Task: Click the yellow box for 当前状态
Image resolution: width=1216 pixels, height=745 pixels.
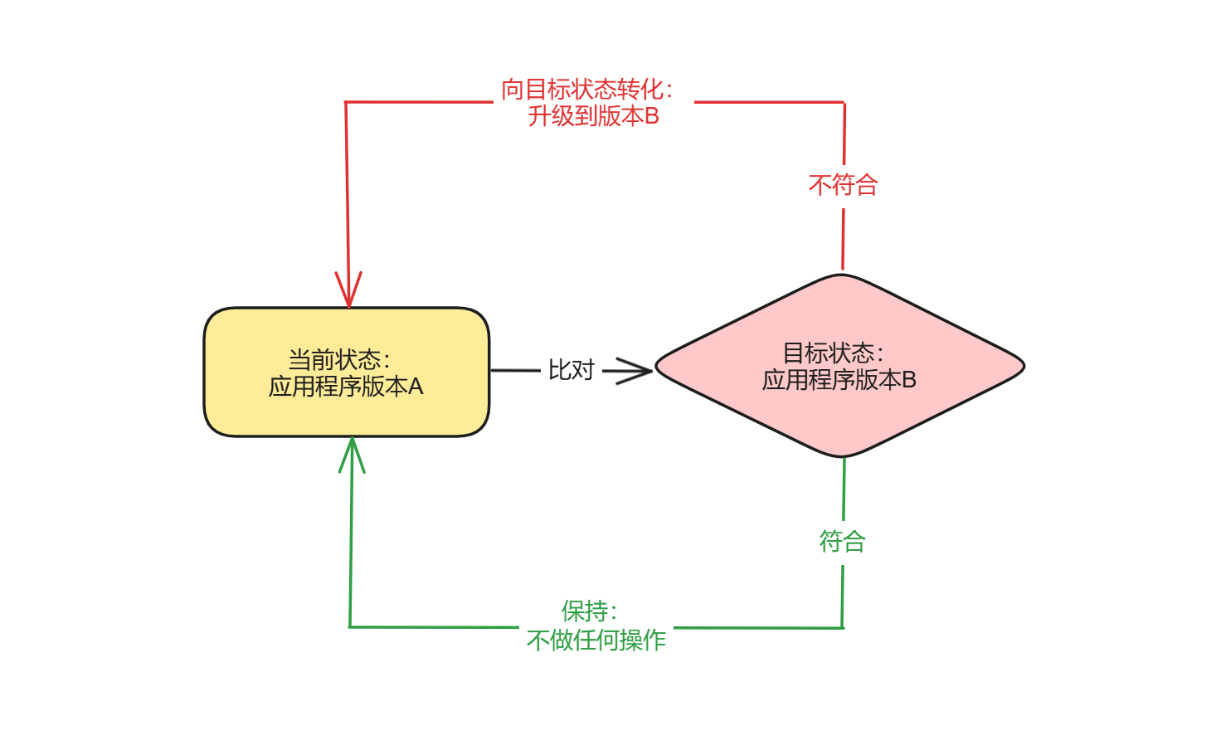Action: click(x=346, y=415)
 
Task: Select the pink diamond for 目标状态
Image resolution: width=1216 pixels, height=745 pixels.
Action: click(x=839, y=415)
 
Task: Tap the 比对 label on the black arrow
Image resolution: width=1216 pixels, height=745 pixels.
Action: click(x=572, y=370)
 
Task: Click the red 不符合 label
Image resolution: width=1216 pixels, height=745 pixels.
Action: click(x=843, y=185)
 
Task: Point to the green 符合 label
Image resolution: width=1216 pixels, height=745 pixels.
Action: click(x=843, y=542)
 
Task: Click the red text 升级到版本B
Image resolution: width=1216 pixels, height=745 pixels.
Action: click(x=593, y=116)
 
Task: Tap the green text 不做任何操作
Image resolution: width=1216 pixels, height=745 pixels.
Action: click(x=596, y=640)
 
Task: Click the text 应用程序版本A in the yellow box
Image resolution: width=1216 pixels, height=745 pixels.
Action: click(x=346, y=387)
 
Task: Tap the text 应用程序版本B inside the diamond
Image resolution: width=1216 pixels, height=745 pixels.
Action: click(x=839, y=380)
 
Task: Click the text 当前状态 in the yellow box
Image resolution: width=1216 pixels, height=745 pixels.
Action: click(x=334, y=359)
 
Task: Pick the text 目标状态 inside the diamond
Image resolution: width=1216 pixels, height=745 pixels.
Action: click(x=828, y=353)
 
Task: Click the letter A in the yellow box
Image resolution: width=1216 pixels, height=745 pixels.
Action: click(x=415, y=387)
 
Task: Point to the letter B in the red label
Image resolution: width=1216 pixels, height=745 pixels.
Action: click(x=651, y=116)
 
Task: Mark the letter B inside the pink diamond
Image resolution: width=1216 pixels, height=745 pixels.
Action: click(x=908, y=380)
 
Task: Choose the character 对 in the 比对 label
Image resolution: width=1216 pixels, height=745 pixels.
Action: click(x=583, y=370)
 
